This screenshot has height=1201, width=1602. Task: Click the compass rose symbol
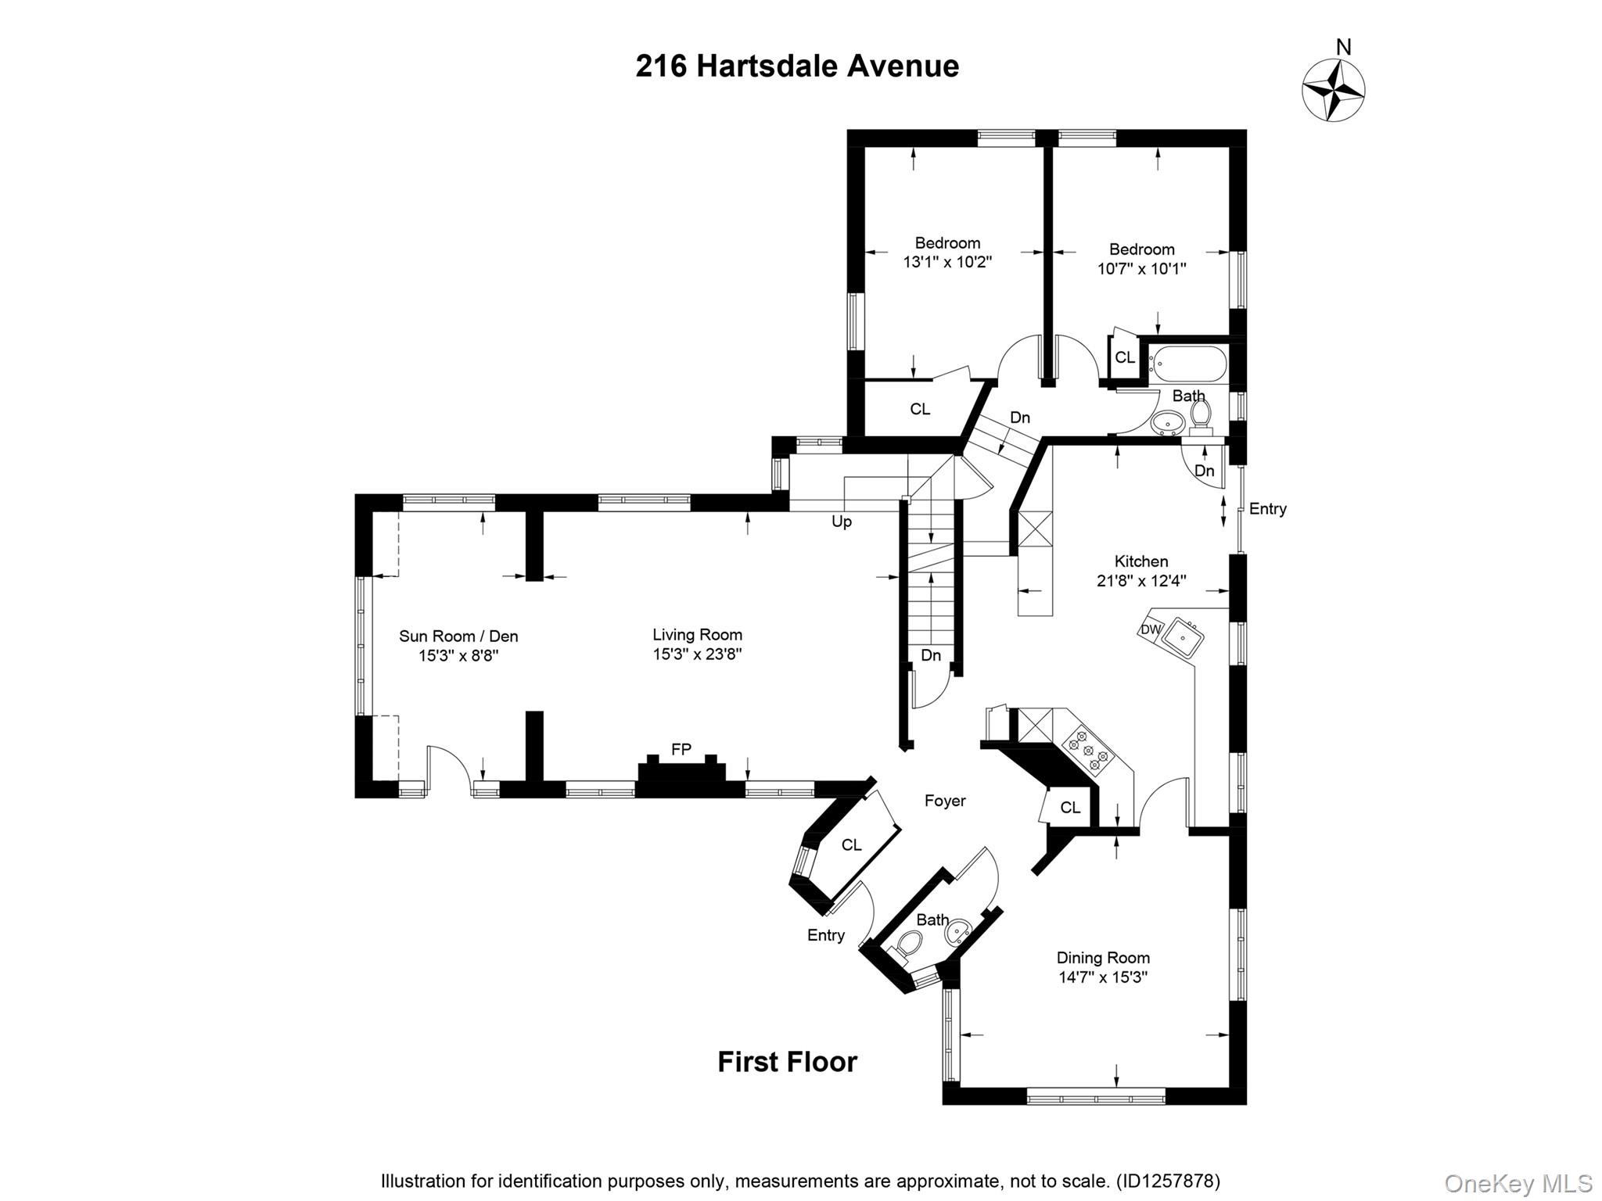click(x=1333, y=91)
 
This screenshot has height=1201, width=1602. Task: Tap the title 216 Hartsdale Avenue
click(x=796, y=66)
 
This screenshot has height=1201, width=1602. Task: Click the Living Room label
click(x=697, y=635)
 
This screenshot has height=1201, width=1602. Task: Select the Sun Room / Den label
click(x=458, y=636)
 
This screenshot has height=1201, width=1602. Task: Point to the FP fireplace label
click(x=681, y=749)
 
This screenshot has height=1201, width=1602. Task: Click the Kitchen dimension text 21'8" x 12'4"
click(x=1140, y=581)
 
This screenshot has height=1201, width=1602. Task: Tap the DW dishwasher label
click(x=1150, y=629)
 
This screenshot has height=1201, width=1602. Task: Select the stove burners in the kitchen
click(x=1087, y=747)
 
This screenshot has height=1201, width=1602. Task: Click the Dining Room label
click(x=1103, y=958)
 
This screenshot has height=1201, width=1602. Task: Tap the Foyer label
click(x=945, y=801)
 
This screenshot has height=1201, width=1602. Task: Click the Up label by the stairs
click(x=841, y=522)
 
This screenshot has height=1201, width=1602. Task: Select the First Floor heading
click(x=787, y=1062)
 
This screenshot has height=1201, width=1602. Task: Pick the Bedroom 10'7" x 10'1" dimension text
click(x=1141, y=269)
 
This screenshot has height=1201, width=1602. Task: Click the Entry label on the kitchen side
click(x=1267, y=509)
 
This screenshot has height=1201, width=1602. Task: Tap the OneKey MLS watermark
click(x=1518, y=1183)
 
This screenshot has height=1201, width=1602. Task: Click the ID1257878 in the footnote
click(x=1167, y=1181)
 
